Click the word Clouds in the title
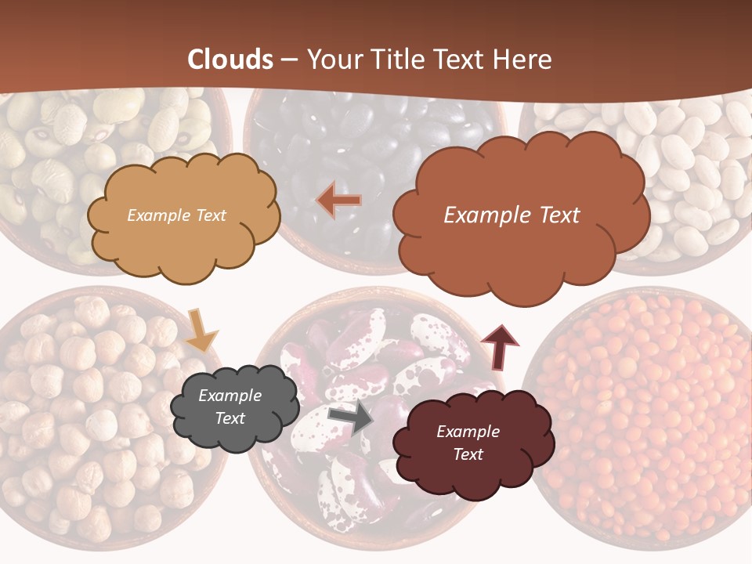(x=230, y=60)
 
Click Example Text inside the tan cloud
(x=176, y=215)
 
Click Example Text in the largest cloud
(x=512, y=215)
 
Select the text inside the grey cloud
(x=230, y=407)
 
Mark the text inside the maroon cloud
(x=468, y=443)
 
